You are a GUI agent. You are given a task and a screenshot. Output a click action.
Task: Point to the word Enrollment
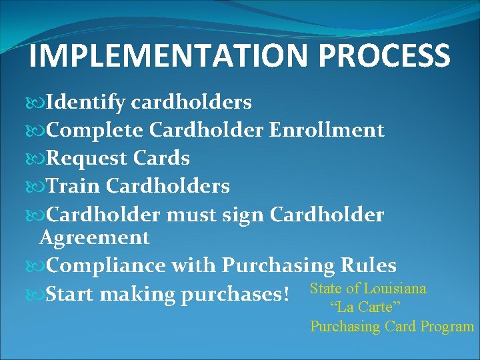(x=327, y=130)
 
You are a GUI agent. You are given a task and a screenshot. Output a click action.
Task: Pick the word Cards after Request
(x=162, y=159)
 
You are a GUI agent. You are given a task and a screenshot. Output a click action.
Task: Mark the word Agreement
(x=95, y=237)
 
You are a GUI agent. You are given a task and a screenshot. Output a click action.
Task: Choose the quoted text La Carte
(x=365, y=307)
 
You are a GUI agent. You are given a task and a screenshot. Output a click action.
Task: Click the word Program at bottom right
(x=447, y=327)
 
